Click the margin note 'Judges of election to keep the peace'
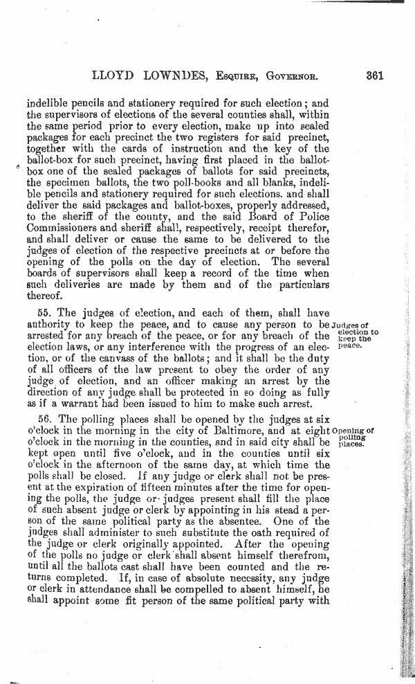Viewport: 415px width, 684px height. tap(356, 334)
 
